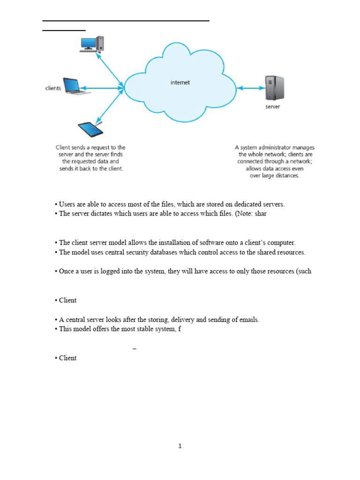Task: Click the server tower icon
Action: coord(274,88)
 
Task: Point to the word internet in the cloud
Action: coord(180,82)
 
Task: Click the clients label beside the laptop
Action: coord(53,88)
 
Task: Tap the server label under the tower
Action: coord(273,107)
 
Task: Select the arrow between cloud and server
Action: coord(251,88)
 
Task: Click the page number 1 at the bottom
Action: coord(180,446)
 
